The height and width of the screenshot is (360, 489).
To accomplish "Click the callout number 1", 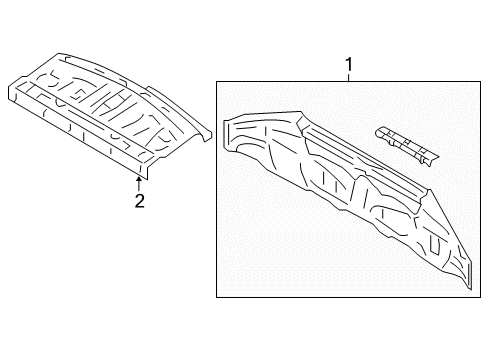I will pyautogui.click(x=349, y=66).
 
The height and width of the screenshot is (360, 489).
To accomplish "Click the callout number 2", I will pyautogui.click(x=140, y=201).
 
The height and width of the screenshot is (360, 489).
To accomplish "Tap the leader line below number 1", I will pyautogui.click(x=349, y=79).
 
